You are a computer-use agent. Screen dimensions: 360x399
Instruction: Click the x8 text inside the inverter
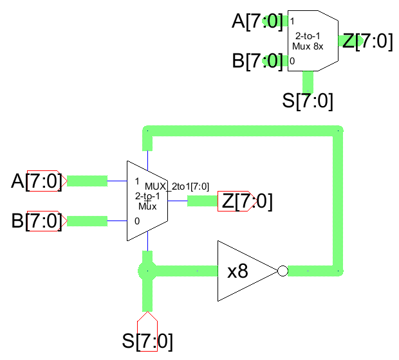click(x=237, y=271)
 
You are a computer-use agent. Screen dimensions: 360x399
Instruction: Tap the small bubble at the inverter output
click(x=281, y=271)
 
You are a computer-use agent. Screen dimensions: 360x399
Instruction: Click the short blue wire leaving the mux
click(x=178, y=201)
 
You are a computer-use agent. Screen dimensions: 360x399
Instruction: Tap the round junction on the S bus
click(x=148, y=271)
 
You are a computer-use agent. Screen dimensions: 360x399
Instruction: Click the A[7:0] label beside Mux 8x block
click(x=257, y=22)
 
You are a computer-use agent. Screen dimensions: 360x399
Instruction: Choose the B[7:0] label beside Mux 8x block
click(x=257, y=61)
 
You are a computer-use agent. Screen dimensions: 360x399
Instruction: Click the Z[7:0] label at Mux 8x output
click(x=367, y=41)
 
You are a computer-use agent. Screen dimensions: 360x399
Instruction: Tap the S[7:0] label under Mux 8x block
click(x=308, y=101)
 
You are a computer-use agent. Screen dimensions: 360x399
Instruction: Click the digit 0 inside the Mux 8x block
click(x=292, y=61)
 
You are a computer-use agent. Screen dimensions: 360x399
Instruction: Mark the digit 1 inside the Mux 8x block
click(x=292, y=22)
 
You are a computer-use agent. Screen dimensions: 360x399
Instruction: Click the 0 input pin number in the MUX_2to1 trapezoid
click(x=137, y=221)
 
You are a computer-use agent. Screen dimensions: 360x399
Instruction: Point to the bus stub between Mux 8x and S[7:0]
click(x=308, y=81)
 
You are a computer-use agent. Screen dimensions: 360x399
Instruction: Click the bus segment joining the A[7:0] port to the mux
click(x=87, y=181)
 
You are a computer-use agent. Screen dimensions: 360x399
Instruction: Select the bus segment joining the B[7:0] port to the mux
click(x=87, y=221)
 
